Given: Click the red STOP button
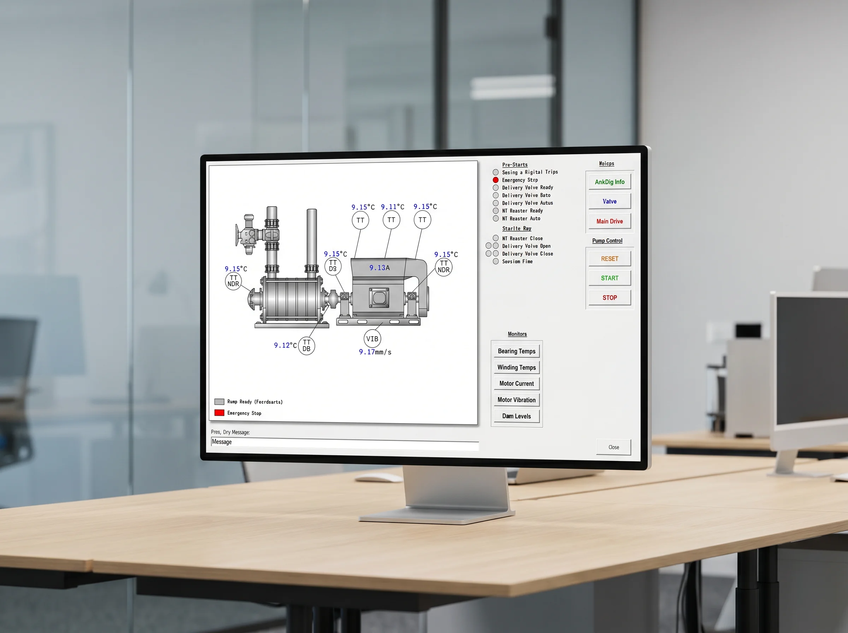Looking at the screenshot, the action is point(609,298).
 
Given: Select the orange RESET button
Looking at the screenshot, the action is point(609,259).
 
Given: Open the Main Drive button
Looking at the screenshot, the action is point(609,221).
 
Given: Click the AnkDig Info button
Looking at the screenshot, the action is point(609,182).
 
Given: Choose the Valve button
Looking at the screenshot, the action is point(609,201).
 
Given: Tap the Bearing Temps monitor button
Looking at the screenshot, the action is point(517,351).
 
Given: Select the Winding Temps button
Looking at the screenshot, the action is point(517,367).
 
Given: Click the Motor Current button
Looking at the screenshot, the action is point(517,384).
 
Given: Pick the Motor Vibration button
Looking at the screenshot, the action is point(517,400).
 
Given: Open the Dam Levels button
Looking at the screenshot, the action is point(517,416).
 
